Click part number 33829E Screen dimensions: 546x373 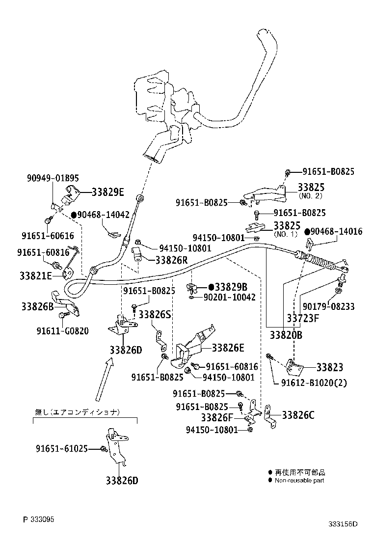coord(107,192)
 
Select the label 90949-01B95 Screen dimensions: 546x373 coord(53,178)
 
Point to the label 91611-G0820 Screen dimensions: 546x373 coord(62,331)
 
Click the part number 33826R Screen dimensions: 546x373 coord(171,260)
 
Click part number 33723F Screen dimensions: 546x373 coord(303,318)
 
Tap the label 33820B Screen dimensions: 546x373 coord(286,335)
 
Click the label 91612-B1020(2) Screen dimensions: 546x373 coord(314,382)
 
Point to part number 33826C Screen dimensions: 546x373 coord(298,415)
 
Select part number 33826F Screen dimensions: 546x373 coord(216,417)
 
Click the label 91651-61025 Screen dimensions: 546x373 coord(61,448)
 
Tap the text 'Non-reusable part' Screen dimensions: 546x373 coord(299,480)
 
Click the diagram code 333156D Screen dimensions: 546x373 coord(343,523)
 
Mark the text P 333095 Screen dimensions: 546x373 coord(39,519)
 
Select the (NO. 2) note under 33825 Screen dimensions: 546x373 coord(311,195)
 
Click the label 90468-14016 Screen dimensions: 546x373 coord(337,231)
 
